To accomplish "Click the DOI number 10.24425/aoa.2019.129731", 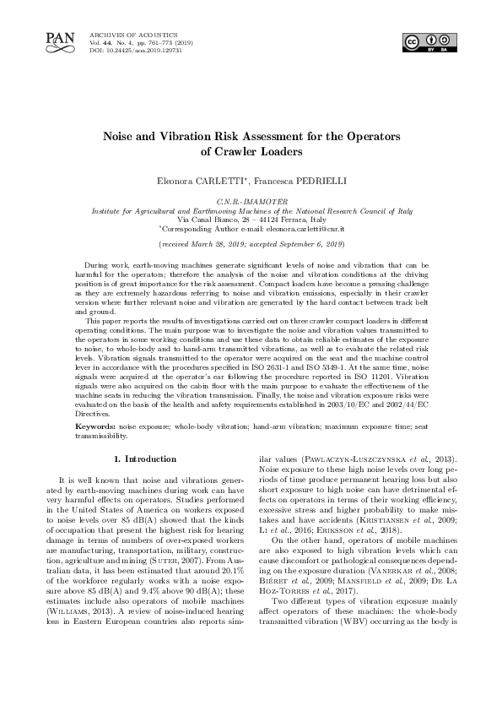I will point(136,51).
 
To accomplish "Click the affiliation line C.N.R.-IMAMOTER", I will point(251,201).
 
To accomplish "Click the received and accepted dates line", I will point(251,243).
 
